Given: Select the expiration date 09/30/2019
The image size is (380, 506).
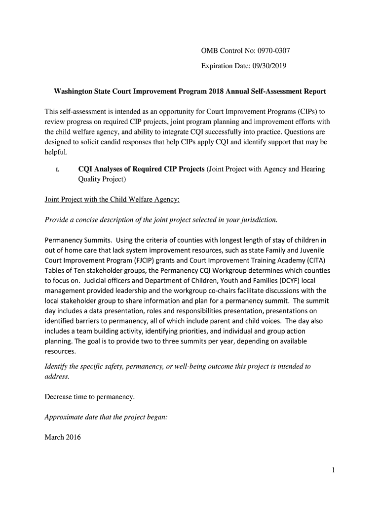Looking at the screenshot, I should (x=265, y=65).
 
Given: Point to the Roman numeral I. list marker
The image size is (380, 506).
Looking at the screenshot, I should (x=57, y=170).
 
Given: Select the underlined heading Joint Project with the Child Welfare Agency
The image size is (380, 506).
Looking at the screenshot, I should (x=112, y=200).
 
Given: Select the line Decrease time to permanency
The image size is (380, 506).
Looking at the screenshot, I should (x=90, y=397).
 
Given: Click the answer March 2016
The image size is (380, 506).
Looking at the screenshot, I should (x=63, y=437).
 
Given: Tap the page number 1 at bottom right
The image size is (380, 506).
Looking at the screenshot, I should (x=333, y=470).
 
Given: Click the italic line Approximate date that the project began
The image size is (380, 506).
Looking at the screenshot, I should (x=106, y=417).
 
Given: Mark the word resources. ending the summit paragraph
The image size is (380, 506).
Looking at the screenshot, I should (x=60, y=351).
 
